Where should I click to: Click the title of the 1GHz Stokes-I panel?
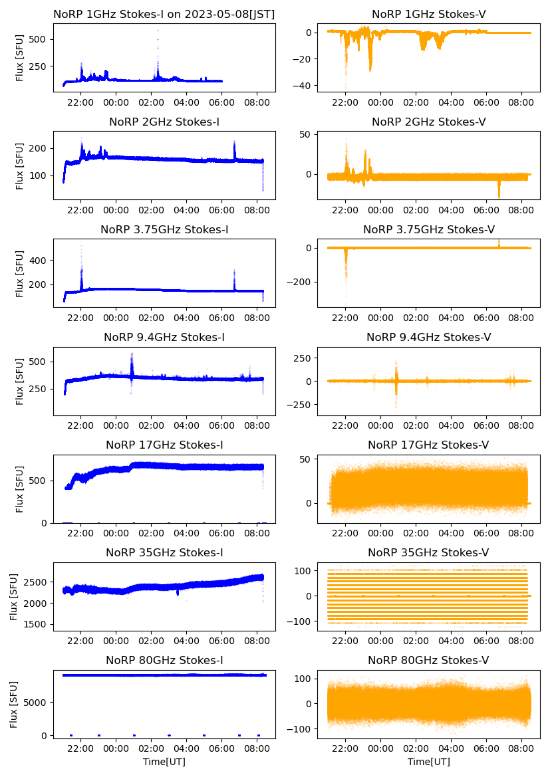coord(164,14)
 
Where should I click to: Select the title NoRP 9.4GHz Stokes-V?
coord(428,338)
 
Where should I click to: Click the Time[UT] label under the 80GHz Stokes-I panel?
coord(164,762)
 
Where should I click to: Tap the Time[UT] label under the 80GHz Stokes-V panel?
coord(428,762)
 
